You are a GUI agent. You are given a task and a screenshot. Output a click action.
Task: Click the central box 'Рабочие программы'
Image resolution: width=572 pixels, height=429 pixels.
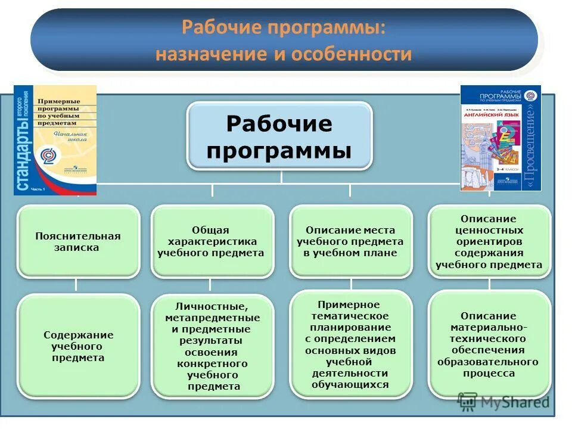[279, 136]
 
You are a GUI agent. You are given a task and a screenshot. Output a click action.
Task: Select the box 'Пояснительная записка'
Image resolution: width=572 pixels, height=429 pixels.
[77, 241]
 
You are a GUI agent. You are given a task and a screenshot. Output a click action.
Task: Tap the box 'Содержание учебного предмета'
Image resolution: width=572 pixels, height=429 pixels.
[78, 346]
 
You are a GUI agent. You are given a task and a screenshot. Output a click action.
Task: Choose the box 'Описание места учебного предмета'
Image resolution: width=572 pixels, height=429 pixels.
[350, 241]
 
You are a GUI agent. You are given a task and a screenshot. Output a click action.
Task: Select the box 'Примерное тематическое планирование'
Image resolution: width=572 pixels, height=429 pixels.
[350, 344]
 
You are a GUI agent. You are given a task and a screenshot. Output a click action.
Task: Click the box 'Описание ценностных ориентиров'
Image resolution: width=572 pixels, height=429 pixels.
[489, 241]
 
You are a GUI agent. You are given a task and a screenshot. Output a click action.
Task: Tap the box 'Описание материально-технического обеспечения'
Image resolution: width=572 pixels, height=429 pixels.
[488, 344]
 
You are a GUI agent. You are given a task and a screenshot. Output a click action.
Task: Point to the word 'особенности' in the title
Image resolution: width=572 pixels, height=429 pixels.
[352, 54]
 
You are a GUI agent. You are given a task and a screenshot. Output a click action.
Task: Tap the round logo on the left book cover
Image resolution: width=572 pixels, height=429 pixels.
[46, 155]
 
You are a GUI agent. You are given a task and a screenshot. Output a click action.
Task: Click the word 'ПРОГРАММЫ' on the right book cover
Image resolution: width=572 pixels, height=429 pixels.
[499, 97]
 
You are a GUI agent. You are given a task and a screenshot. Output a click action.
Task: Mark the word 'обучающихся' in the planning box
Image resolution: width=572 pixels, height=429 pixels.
[350, 384]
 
